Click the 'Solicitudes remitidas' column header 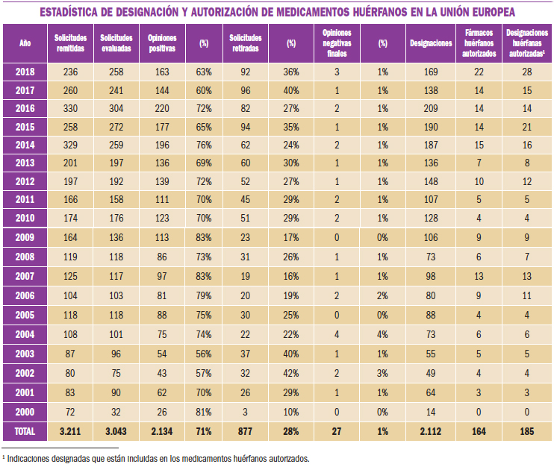pyautogui.click(x=70, y=43)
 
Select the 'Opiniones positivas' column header pyautogui.click(x=162, y=43)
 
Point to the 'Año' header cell pyautogui.click(x=25, y=43)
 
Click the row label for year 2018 pyautogui.click(x=25, y=72)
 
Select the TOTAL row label pyautogui.click(x=25, y=430)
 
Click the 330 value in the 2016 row pyautogui.click(x=70, y=107)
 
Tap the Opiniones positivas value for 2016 pyautogui.click(x=162, y=107)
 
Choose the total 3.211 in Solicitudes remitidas pyautogui.click(x=70, y=430)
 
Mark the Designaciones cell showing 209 pyautogui.click(x=431, y=107)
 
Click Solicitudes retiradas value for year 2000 pyautogui.click(x=246, y=412)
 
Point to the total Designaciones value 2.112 pyautogui.click(x=431, y=430)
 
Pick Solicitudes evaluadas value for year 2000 pyautogui.click(x=116, y=412)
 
